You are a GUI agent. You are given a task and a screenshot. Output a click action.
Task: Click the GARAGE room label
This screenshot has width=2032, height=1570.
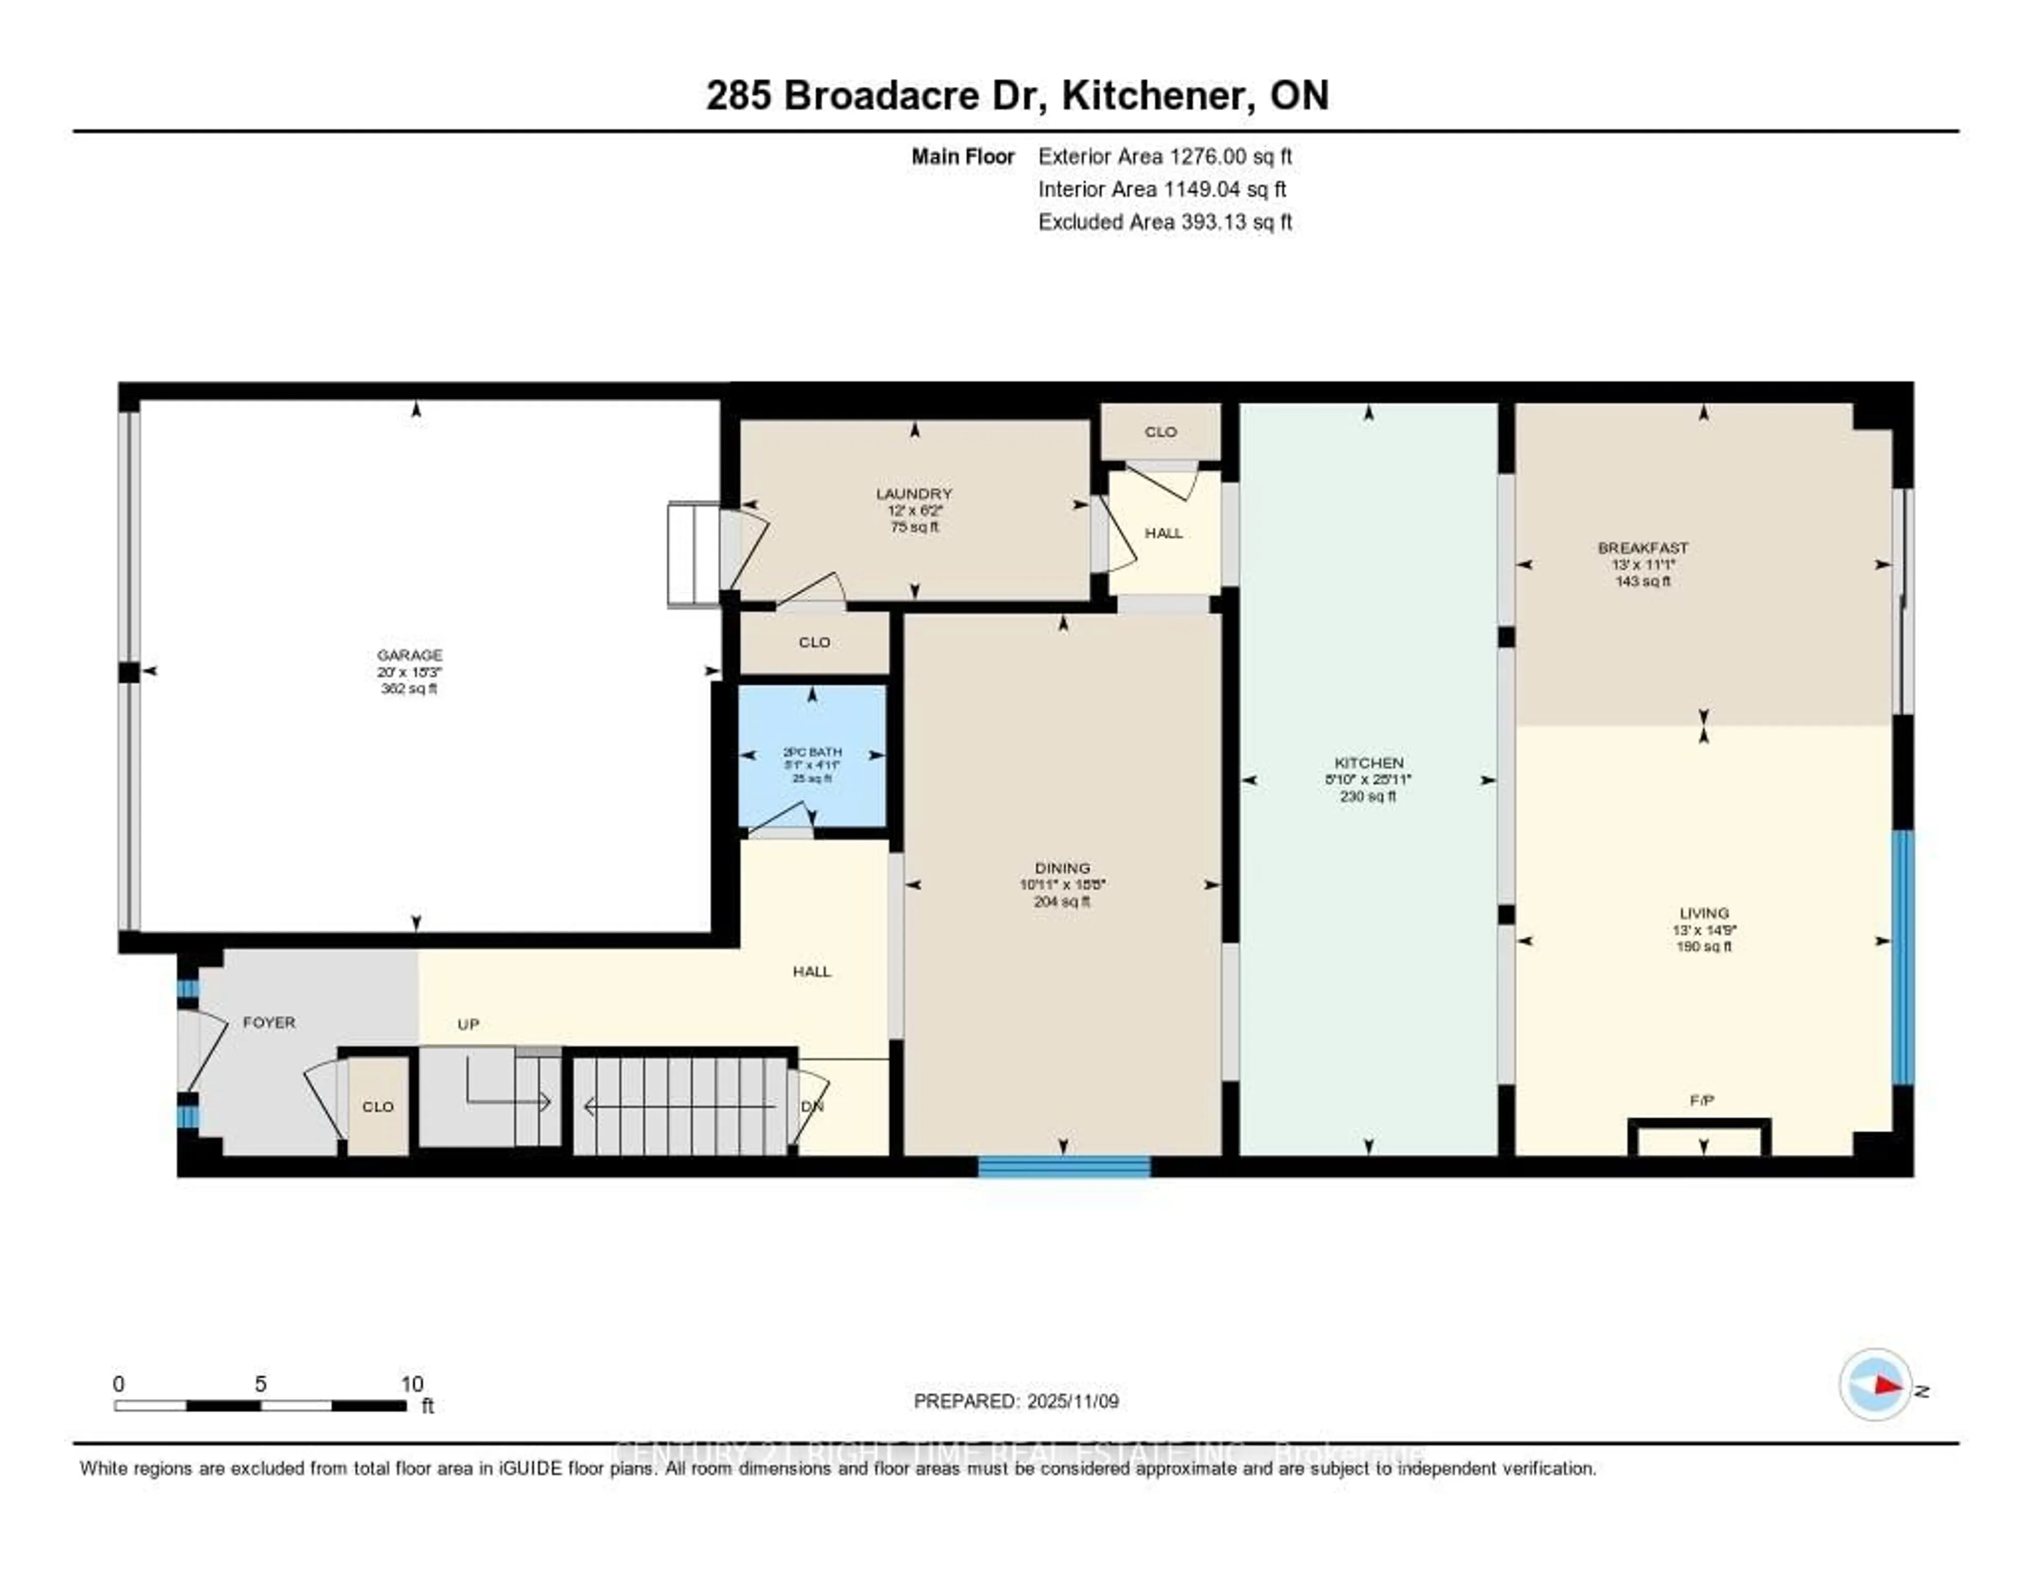[x=410, y=655]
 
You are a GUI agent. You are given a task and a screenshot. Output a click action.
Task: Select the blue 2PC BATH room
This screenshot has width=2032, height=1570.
[x=812, y=756]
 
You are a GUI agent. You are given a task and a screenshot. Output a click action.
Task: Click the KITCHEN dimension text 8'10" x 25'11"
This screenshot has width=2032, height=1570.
[x=1368, y=780]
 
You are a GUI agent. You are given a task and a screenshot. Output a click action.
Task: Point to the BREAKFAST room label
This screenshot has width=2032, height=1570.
[x=1643, y=548]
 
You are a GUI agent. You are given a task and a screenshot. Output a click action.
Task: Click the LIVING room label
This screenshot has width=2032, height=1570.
[x=1703, y=913]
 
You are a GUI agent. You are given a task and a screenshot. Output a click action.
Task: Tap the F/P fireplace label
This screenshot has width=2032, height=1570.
[x=1702, y=1100]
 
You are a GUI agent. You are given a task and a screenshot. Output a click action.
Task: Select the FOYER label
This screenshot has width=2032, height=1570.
[x=269, y=1022]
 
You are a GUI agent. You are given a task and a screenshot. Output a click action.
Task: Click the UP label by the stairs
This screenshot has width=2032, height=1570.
[x=468, y=1024]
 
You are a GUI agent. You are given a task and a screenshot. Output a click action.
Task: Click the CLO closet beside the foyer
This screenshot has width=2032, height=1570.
[x=378, y=1106]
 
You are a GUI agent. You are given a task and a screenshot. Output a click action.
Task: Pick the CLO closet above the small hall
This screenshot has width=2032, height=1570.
[x=1160, y=432]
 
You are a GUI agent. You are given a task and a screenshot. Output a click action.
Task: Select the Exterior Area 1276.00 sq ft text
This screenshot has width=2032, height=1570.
[x=1165, y=156]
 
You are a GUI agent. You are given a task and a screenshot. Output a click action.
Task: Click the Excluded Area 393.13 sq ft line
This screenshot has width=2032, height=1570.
[x=1165, y=221]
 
